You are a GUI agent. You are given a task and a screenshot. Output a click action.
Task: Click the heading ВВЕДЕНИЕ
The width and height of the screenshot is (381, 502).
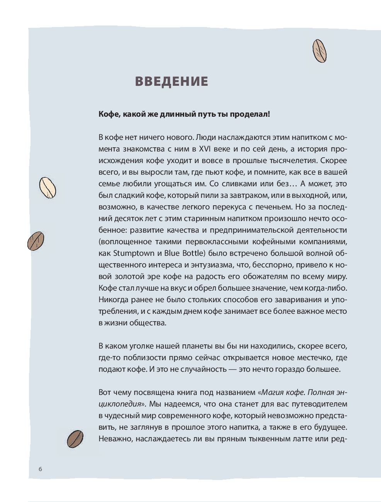172,81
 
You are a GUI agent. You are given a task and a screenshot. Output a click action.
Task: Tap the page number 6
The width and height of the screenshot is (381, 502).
40,469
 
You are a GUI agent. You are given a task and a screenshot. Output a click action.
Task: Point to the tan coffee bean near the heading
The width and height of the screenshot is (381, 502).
320,51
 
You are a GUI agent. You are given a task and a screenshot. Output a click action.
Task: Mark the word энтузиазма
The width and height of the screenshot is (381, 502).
194,265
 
